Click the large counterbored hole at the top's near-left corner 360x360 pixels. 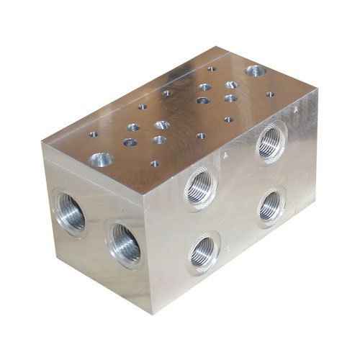tap(101, 158)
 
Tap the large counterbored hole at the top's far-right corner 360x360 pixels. tap(255, 71)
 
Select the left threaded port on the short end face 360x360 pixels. tap(70, 212)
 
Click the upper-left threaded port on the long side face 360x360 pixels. tap(199, 186)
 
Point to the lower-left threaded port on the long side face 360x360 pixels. tap(202, 252)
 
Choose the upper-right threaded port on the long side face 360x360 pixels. tap(271, 141)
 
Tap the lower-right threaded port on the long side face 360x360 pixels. tap(271, 205)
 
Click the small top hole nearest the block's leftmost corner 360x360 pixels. tap(93, 133)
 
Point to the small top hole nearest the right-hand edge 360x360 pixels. tap(270, 94)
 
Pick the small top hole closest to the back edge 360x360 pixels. tap(211, 69)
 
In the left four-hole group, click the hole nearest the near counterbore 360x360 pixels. tap(130, 142)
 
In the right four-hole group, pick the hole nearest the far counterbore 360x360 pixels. tap(231, 84)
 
